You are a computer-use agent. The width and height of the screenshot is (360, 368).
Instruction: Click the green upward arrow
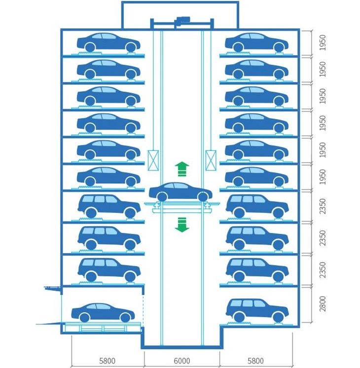coord(182,169)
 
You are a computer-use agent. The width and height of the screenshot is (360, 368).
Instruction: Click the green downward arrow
coord(182,225)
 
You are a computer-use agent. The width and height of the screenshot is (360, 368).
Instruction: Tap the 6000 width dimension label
coord(182,361)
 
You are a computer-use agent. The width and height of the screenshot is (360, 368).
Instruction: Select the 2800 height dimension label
coord(323,304)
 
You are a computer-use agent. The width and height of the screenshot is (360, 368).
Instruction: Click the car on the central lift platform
coord(180,192)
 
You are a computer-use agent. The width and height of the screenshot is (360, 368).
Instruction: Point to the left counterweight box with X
coord(153,160)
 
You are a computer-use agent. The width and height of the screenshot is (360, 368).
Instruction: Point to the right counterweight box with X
coord(211,160)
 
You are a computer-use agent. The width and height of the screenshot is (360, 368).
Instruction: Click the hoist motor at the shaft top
coord(182,20)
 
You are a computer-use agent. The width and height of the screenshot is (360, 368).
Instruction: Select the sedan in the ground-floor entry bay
coord(103,313)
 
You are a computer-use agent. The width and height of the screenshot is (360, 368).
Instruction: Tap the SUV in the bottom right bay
coord(257,310)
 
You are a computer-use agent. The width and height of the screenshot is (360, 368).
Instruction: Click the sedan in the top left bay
coord(108,42)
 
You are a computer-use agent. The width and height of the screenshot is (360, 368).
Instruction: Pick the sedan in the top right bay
coord(256,42)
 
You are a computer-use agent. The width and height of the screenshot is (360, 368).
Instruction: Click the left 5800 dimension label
coord(107,361)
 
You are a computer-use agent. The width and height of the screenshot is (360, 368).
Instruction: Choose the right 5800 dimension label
coord(255,361)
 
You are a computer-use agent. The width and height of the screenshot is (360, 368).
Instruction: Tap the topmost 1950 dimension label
coord(323,42)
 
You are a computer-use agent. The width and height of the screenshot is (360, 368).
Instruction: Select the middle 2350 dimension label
coord(323,238)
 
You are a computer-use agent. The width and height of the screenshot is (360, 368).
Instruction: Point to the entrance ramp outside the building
coord(49,324)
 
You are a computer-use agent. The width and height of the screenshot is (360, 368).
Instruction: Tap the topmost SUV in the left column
coord(109,206)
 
